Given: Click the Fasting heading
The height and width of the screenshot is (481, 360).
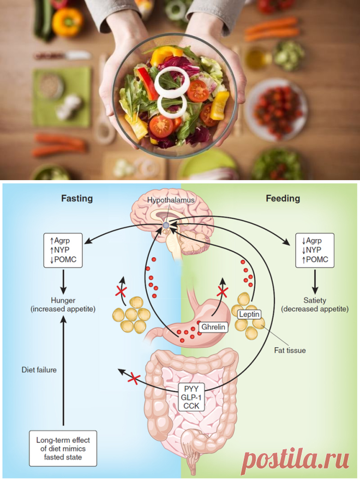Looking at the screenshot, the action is pyautogui.click(x=77, y=199).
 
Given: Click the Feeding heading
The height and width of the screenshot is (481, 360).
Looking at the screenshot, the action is pyautogui.click(x=283, y=199).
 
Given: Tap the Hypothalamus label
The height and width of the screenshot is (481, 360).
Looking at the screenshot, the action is pyautogui.click(x=171, y=200).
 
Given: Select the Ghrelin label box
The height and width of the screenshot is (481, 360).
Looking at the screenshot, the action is pyautogui.click(x=213, y=326).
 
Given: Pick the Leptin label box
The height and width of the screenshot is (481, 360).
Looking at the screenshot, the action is pyautogui.click(x=249, y=314).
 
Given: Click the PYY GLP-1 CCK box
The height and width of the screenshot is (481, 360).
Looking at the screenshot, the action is pyautogui.click(x=191, y=397).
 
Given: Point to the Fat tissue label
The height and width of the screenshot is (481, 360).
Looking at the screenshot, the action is pyautogui.click(x=290, y=351).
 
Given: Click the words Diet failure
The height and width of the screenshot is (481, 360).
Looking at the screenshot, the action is pyautogui.click(x=39, y=370).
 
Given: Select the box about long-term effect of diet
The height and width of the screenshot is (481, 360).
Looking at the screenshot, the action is pyautogui.click(x=63, y=448).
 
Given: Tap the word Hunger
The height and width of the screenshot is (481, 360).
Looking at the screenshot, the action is pyautogui.click(x=63, y=300).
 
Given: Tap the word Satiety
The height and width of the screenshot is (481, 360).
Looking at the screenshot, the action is pyautogui.click(x=315, y=300).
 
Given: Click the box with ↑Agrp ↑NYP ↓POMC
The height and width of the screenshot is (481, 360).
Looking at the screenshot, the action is pyautogui.click(x=63, y=250).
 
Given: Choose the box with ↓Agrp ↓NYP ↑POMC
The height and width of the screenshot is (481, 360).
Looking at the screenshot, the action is pyautogui.click(x=315, y=250).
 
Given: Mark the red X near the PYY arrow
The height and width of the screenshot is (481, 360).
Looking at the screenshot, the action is pyautogui.click(x=134, y=378).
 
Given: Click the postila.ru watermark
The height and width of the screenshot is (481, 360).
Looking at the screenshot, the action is pyautogui.click(x=295, y=459).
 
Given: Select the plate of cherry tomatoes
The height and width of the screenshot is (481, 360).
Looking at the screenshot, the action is pyautogui.click(x=276, y=109).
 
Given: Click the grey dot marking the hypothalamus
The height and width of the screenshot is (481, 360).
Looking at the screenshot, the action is pyautogui.click(x=166, y=225).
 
